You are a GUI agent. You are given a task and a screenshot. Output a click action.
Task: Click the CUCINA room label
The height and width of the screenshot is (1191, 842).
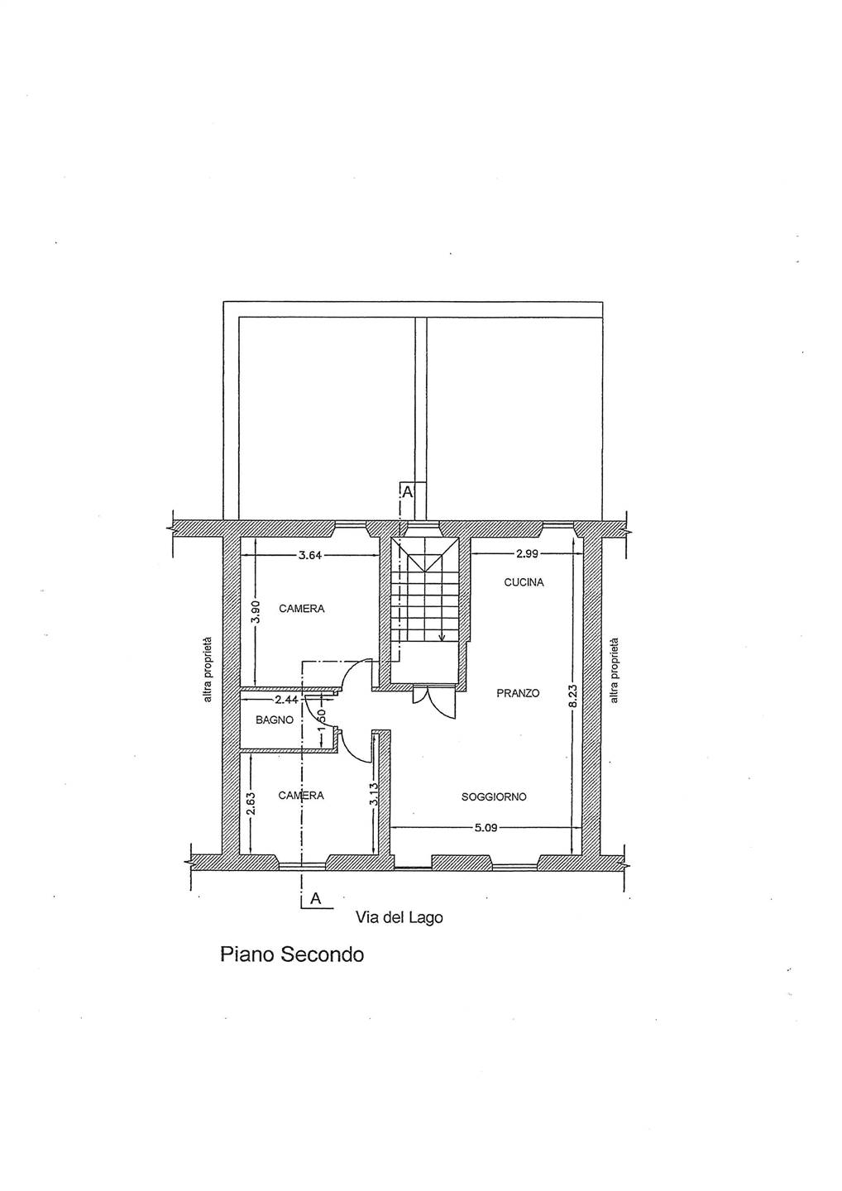pyautogui.click(x=524, y=583)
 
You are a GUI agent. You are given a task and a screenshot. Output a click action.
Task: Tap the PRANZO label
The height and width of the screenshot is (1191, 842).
pyautogui.click(x=518, y=693)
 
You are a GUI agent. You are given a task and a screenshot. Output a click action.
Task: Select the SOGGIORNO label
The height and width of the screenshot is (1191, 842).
pyautogui.click(x=494, y=797)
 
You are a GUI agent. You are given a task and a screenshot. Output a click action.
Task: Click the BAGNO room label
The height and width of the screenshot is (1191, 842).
pyautogui.click(x=275, y=720)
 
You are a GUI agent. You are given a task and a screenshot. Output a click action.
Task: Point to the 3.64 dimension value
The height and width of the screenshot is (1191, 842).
pyautogui.click(x=310, y=556)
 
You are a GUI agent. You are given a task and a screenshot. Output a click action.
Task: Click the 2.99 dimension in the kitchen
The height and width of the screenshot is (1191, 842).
pyautogui.click(x=527, y=553)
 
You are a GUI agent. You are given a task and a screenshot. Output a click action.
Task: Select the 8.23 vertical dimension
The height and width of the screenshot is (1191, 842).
pyautogui.click(x=573, y=696)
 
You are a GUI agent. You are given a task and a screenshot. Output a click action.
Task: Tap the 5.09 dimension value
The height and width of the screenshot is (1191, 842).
pyautogui.click(x=484, y=828)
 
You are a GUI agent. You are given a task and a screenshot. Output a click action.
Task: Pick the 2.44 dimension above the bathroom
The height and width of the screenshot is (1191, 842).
pyautogui.click(x=286, y=700)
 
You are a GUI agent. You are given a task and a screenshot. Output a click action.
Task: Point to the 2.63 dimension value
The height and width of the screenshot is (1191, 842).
pyautogui.click(x=251, y=803)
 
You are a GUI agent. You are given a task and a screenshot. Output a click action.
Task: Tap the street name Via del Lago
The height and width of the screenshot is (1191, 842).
pyautogui.click(x=399, y=917)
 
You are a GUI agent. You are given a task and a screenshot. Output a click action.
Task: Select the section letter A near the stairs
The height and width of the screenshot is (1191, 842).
pyautogui.click(x=407, y=492)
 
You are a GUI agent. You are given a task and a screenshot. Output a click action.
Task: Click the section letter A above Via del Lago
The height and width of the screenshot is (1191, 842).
pyautogui.click(x=315, y=898)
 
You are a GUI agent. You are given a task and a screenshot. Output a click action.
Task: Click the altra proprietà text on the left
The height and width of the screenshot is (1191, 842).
pyautogui.click(x=208, y=669)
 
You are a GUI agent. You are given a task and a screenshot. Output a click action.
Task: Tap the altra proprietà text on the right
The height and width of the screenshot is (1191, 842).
pyautogui.click(x=615, y=670)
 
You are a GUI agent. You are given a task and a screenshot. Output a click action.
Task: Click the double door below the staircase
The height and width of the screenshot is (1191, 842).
pyautogui.click(x=434, y=701)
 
